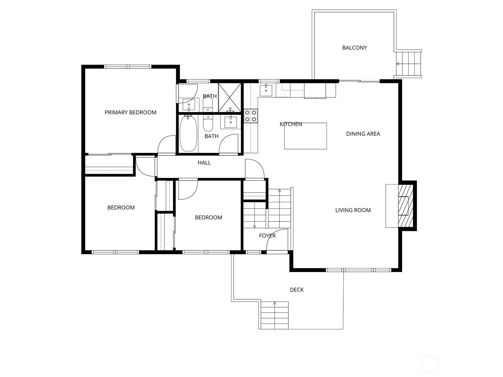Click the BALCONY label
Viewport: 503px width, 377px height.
(x=354, y=48)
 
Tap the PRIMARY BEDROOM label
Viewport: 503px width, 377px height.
(x=130, y=112)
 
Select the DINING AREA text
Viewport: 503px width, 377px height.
(x=363, y=134)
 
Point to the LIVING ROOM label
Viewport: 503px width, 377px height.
(x=353, y=210)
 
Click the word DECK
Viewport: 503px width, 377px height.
(x=297, y=290)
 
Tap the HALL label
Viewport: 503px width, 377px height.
(x=204, y=163)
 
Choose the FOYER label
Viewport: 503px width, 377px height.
(x=267, y=236)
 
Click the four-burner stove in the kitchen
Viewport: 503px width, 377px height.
(x=251, y=116)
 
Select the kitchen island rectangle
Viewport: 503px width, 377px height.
(x=306, y=136)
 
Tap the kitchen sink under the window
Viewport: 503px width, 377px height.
(x=266, y=90)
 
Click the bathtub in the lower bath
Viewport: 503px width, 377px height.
(x=188, y=134)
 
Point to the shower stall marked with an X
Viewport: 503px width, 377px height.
(x=229, y=98)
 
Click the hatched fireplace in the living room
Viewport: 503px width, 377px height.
(x=405, y=206)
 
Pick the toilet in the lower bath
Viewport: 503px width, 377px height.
(x=208, y=123)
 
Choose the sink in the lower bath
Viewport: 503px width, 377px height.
(x=230, y=122)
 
